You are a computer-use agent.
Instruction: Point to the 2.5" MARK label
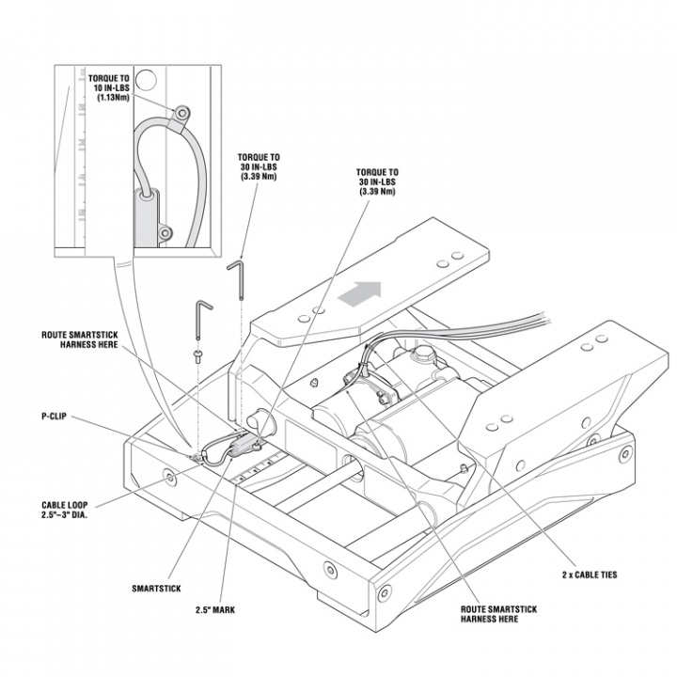pyautogui.click(x=215, y=609)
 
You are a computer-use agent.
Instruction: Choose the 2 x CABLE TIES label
pyautogui.click(x=590, y=573)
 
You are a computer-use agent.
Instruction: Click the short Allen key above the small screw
pyautogui.click(x=202, y=320)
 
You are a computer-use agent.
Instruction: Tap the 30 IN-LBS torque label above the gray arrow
pyautogui.click(x=376, y=181)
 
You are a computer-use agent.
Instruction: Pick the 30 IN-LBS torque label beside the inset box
pyautogui.click(x=260, y=166)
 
